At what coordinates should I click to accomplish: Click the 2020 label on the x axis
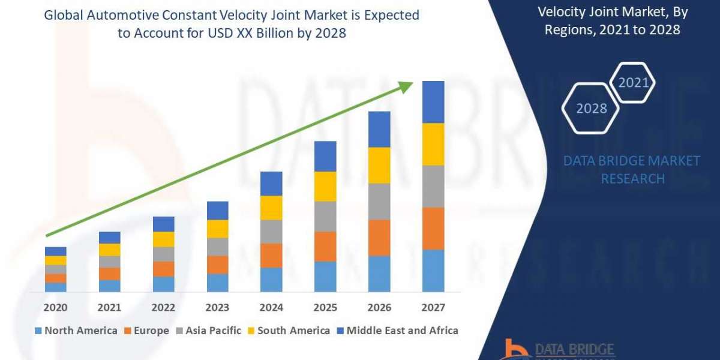55,308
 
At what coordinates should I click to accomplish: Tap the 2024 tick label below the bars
271,308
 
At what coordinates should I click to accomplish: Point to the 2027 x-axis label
433,308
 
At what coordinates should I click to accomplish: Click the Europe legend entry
147,331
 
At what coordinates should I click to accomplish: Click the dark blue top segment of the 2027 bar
433,102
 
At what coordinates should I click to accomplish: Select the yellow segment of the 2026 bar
379,165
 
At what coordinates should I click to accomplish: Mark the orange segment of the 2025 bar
325,247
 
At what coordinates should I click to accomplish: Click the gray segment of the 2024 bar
271,232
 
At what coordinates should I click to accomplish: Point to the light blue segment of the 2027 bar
433,271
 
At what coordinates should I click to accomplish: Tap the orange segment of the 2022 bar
163,269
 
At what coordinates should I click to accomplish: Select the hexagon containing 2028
591,109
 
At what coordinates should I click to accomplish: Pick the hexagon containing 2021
633,83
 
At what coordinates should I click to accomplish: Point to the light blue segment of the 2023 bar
217,283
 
